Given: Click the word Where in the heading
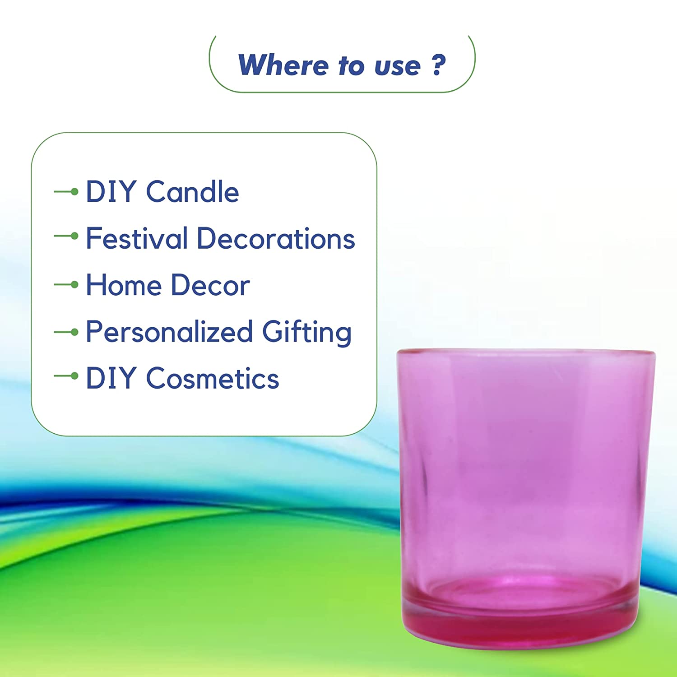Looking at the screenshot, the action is (x=283, y=65).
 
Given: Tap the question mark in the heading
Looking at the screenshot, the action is (x=438, y=65).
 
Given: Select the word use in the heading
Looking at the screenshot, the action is (x=398, y=66).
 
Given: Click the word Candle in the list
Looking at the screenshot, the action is (x=192, y=192).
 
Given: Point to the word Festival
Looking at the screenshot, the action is (x=137, y=238).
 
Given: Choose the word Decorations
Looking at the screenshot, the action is (x=276, y=238).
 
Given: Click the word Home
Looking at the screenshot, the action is (x=124, y=285).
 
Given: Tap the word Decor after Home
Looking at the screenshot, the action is (x=210, y=285).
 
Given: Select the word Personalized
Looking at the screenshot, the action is (x=169, y=332).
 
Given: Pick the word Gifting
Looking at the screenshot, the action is (x=307, y=333).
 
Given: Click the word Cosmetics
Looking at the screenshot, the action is (x=213, y=378).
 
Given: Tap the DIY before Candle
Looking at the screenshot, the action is (x=111, y=192).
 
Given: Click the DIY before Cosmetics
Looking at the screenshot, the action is (x=111, y=378).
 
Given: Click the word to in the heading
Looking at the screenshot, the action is (x=351, y=66).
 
